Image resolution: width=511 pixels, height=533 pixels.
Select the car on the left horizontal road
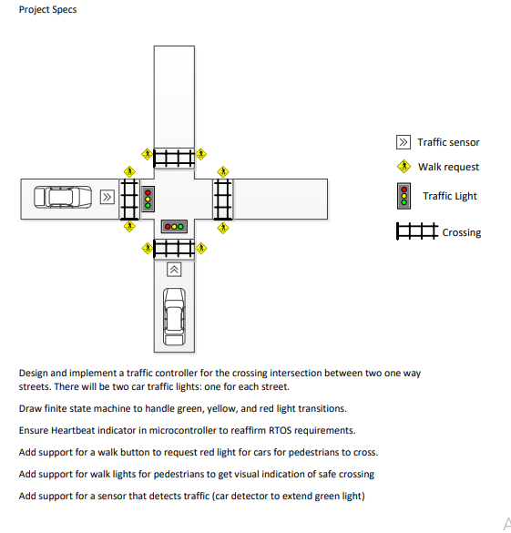(x=63, y=196)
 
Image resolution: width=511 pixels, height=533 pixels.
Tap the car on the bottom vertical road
(x=173, y=314)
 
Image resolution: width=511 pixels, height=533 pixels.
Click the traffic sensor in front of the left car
(x=107, y=196)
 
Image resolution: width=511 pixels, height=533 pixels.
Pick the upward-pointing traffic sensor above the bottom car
(x=174, y=270)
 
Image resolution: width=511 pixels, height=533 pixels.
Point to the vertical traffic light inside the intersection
(x=148, y=197)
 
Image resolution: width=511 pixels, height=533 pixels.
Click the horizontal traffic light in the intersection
(x=174, y=225)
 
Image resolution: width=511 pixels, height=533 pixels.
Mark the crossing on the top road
(x=173, y=159)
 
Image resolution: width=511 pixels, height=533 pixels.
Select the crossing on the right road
(x=223, y=196)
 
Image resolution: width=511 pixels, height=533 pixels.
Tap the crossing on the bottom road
(x=173, y=247)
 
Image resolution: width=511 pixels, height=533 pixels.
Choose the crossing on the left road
(x=129, y=196)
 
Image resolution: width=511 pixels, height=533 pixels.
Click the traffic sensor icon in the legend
(x=403, y=142)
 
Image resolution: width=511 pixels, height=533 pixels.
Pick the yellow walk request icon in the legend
(x=403, y=167)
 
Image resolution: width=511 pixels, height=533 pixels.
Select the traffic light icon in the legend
(x=403, y=196)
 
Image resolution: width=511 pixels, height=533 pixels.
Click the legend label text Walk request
(x=448, y=167)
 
